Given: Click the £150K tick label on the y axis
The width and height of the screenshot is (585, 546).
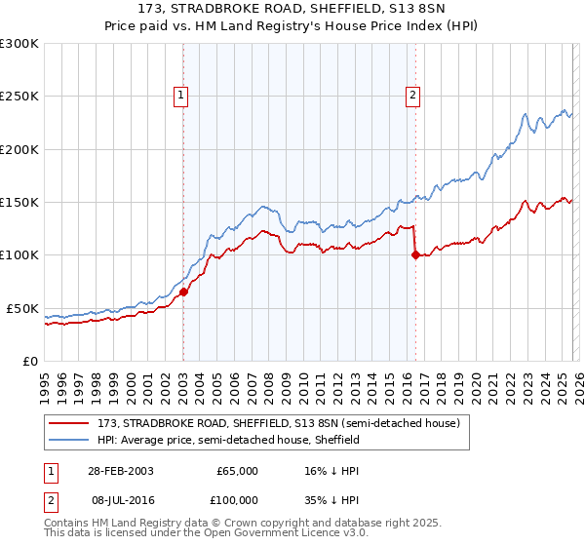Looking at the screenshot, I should tap(19, 203).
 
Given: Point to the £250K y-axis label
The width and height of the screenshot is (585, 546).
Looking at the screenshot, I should tap(19, 97).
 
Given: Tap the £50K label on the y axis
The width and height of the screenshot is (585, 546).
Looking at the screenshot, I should tap(22, 308).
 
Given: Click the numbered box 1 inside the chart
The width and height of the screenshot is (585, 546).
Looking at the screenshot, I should tap(181, 95).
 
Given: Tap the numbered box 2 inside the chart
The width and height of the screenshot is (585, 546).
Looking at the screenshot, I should tap(413, 95).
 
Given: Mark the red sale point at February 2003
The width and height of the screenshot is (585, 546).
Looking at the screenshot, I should tap(183, 292).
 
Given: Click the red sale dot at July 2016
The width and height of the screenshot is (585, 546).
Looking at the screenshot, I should tap(415, 255).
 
